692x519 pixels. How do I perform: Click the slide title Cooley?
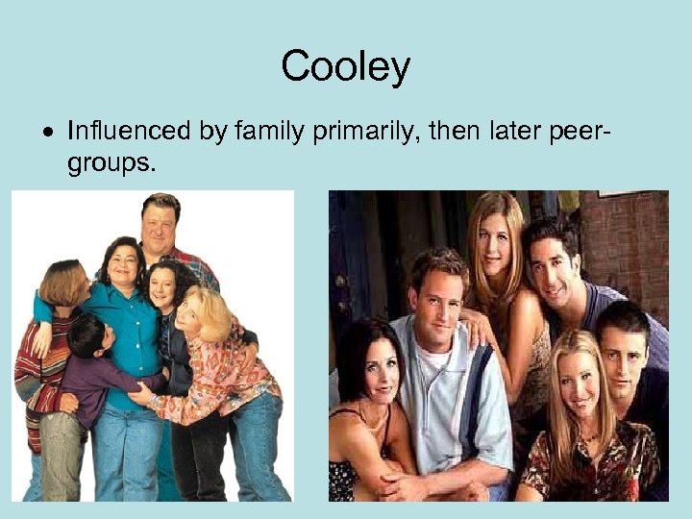click(x=345, y=67)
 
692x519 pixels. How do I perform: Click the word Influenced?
click(x=128, y=131)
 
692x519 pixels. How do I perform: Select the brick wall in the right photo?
click(x=630, y=240)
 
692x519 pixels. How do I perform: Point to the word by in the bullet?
click(x=210, y=132)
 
